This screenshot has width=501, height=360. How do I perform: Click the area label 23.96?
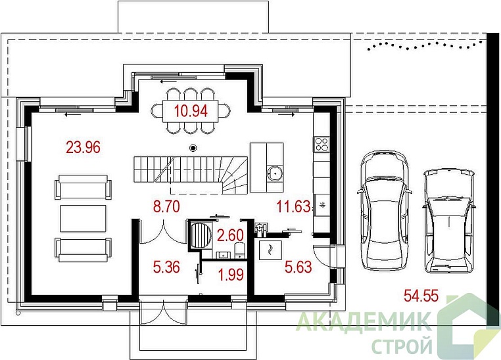click(x=83, y=147)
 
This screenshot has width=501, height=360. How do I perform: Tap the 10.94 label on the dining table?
click(x=191, y=111)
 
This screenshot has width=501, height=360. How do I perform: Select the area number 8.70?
click(x=166, y=206)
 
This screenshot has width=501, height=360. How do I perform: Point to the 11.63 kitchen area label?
click(x=293, y=206)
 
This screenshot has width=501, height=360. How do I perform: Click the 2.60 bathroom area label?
click(x=230, y=235)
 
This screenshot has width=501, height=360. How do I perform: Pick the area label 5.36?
click(x=166, y=267)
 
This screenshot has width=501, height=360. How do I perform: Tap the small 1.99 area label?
click(x=231, y=275)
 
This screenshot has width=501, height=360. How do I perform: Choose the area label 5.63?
click(x=298, y=267)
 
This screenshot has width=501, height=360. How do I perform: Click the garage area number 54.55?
click(x=421, y=296)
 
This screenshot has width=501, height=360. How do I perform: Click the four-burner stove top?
click(x=322, y=144)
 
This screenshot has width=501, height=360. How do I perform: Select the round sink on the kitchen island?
click(x=275, y=173)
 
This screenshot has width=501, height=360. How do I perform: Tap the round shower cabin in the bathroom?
click(x=200, y=235)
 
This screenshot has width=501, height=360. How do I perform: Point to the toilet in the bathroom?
click(x=239, y=250)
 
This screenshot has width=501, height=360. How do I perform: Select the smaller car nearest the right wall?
click(x=448, y=221)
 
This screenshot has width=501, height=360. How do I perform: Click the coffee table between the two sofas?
click(x=83, y=219)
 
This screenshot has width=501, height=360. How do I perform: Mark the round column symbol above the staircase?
click(x=193, y=148)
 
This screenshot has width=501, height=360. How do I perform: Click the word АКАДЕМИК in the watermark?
click(x=363, y=323)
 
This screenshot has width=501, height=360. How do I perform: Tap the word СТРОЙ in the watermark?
click(x=402, y=346)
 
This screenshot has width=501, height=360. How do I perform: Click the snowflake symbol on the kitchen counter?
click(x=322, y=205)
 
